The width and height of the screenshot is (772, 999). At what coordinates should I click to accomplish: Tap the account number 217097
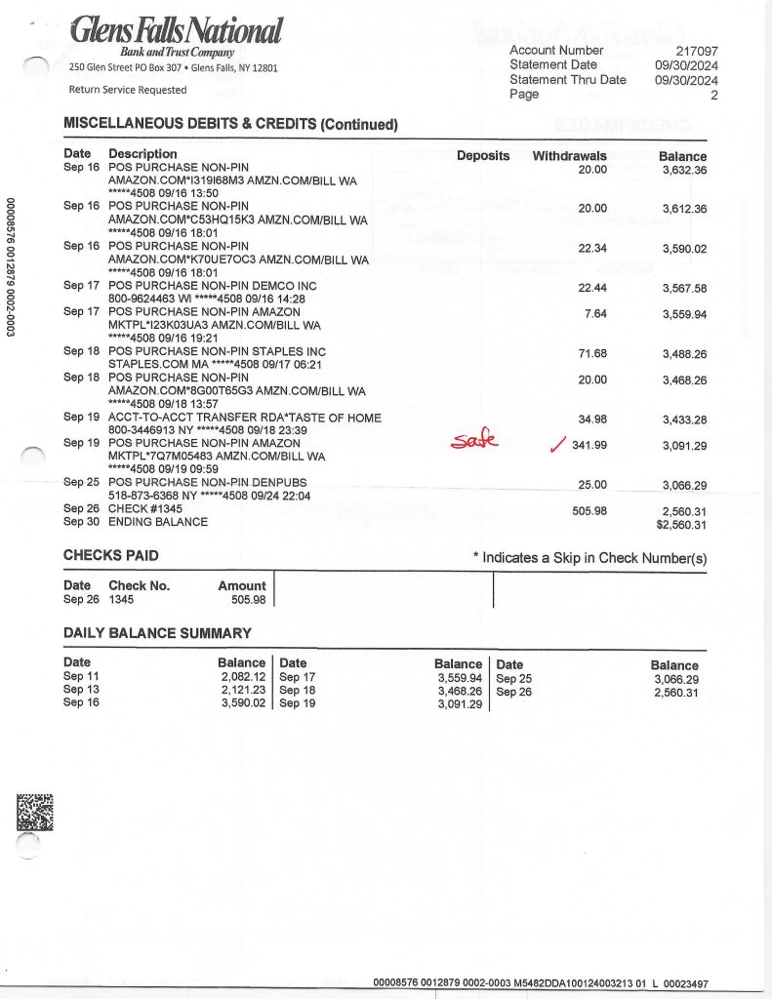coord(697,51)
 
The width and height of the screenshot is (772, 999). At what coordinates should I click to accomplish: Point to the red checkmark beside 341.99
coord(557,446)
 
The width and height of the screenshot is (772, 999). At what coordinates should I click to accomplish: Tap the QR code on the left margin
coord(35,812)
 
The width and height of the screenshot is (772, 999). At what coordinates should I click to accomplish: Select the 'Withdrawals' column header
coord(569,156)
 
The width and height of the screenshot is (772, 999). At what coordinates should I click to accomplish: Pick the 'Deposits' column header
coord(483,156)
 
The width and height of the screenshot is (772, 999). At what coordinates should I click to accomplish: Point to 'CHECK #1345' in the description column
coord(146,508)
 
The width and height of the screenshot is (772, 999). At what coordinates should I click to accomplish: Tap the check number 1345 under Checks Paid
coord(122,600)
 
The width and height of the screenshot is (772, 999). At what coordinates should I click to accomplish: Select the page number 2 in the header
coord(713,96)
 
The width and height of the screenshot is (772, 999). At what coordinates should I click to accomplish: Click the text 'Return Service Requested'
coord(127,90)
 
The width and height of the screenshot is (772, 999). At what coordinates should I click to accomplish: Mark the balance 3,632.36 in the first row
coord(684,170)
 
